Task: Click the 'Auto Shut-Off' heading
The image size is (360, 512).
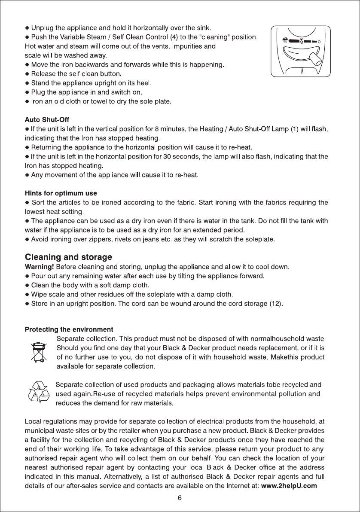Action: point(47,119)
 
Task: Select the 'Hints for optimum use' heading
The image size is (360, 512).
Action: point(61,193)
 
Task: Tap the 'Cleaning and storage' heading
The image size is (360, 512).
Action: point(69,257)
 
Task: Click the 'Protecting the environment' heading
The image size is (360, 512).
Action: point(69,329)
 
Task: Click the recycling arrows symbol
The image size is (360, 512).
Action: point(40,392)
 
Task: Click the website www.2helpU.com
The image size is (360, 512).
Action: point(290,486)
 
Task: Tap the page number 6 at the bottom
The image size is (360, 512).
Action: point(180,498)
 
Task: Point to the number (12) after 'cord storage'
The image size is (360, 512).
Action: point(275,304)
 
